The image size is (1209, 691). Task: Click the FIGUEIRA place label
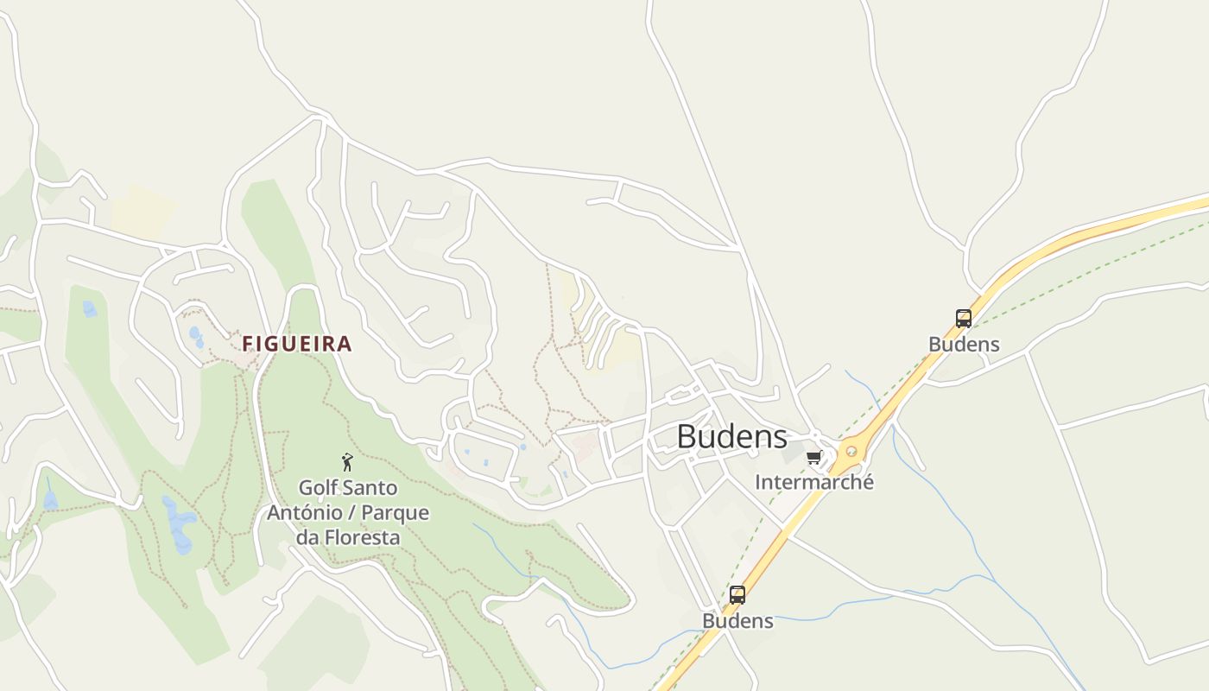pos(297,344)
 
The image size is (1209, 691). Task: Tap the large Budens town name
pos(731,437)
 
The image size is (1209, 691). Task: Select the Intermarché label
pos(813,482)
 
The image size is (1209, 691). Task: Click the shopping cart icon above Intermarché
pos(813,458)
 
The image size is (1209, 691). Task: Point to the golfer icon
pos(347,462)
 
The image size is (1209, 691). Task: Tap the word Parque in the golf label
pos(394,513)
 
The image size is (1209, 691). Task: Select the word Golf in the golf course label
pos(318,488)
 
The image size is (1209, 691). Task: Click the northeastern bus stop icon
pos(964,319)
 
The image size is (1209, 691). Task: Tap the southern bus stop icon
pos(737,595)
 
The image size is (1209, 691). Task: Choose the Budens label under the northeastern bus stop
pos(964,344)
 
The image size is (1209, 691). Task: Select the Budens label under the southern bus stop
pos(737,621)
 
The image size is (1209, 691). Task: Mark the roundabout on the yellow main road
pos(851,450)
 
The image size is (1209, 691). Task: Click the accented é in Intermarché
pos(868,482)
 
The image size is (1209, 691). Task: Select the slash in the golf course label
pos(352,513)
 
